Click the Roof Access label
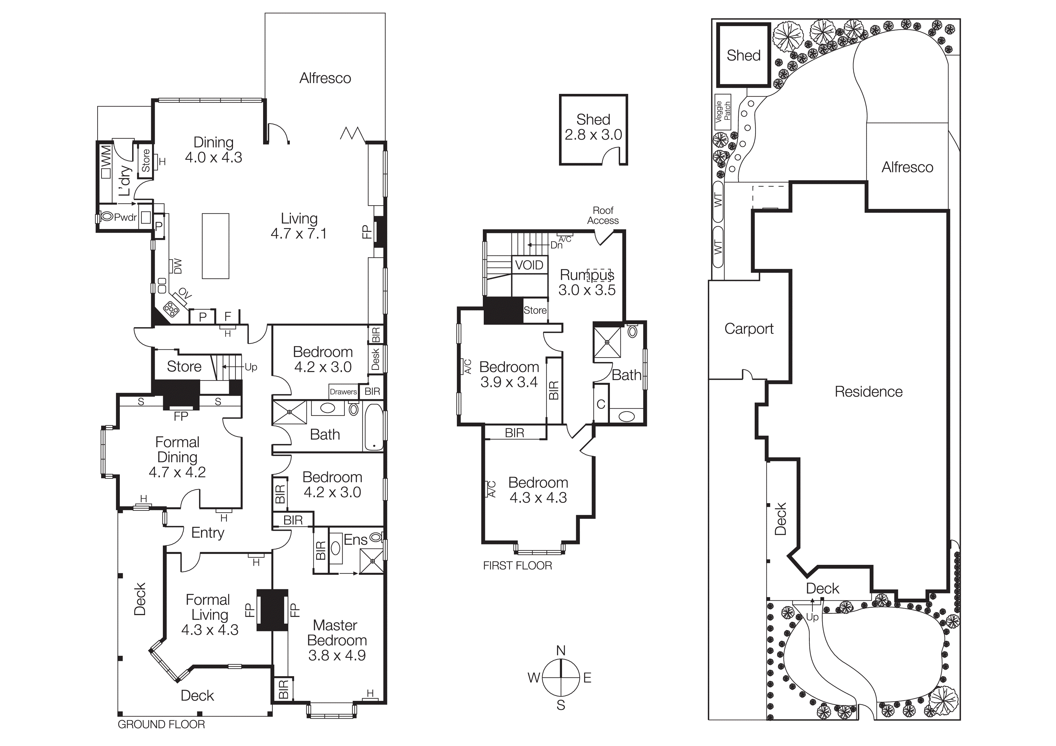coord(603,215)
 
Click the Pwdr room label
coord(125,217)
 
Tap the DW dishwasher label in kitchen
coord(178,266)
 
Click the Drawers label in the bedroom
coord(343,392)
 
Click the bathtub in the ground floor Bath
coord(374,427)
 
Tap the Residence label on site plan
coord(868,392)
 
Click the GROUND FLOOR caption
coord(161,724)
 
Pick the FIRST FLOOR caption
coord(517,566)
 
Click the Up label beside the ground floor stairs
coord(251,367)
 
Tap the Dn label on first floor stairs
coord(556,246)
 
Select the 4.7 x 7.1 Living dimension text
coord(299,234)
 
